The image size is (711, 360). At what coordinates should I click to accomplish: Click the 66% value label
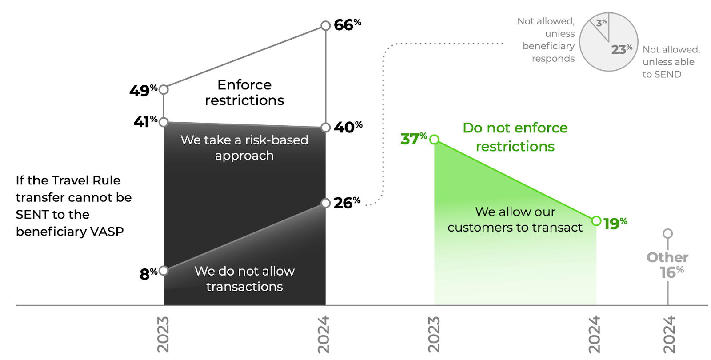point(347,25)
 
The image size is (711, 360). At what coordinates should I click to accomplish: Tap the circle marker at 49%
point(164,89)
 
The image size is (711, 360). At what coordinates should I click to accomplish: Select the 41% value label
point(145,121)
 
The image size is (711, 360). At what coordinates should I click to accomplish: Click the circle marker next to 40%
point(326,128)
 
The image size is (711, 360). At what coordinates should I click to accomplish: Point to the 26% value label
point(347,203)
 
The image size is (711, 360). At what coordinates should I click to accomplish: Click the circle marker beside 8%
point(164,270)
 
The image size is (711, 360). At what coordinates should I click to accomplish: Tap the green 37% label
point(413,139)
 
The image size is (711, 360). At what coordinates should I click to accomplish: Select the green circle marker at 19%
point(596,221)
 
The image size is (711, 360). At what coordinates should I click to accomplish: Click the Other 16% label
point(667,265)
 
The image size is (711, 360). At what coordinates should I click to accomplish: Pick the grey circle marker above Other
point(667,233)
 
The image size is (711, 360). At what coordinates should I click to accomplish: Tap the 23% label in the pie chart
point(621,49)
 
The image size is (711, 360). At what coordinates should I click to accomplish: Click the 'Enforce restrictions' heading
point(244,92)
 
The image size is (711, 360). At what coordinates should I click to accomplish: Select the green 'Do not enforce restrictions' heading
point(515,137)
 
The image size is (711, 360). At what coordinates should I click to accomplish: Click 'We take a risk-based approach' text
point(244,148)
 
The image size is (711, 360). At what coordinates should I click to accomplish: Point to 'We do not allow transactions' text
point(244,279)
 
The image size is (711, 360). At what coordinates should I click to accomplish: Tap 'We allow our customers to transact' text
point(515,220)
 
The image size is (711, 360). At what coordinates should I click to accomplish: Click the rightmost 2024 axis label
point(668,334)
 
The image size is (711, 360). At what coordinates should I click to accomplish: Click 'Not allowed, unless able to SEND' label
point(671,62)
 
